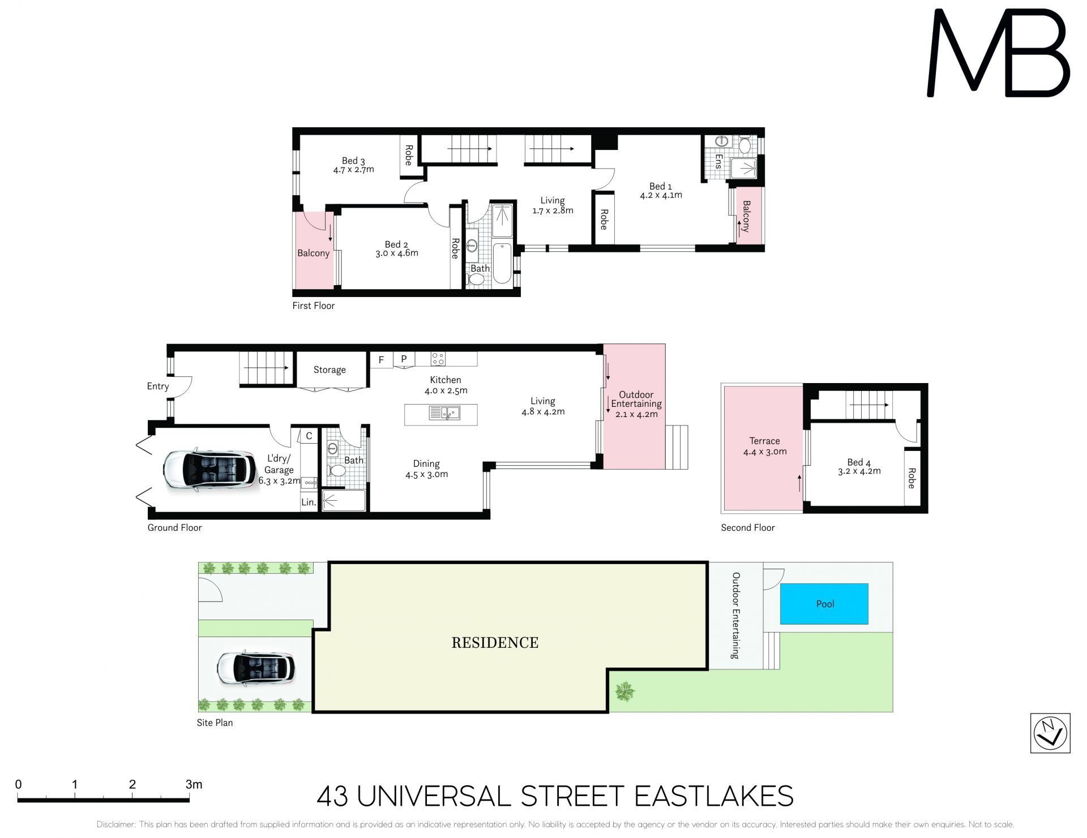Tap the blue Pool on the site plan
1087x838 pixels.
pos(824,604)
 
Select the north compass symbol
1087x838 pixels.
pos(1050,733)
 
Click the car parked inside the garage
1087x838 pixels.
pos(209,470)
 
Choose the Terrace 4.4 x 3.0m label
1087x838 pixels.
pos(765,446)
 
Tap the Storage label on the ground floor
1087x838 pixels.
pos(329,369)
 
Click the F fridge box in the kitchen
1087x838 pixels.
pos(381,360)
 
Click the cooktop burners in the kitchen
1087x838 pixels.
pos(438,358)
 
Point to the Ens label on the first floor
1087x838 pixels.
pos(718,161)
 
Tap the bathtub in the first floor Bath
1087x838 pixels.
pos(502,263)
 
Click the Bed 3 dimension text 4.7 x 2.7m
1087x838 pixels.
pos(354,169)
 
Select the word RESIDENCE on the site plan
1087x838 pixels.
pos(495,642)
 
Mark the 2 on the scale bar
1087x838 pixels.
pos(132,784)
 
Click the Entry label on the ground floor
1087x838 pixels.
pos(158,386)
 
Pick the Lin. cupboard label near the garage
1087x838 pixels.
pos(309,502)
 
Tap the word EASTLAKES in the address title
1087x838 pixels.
pos(713,796)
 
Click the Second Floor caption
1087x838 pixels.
pos(747,527)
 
